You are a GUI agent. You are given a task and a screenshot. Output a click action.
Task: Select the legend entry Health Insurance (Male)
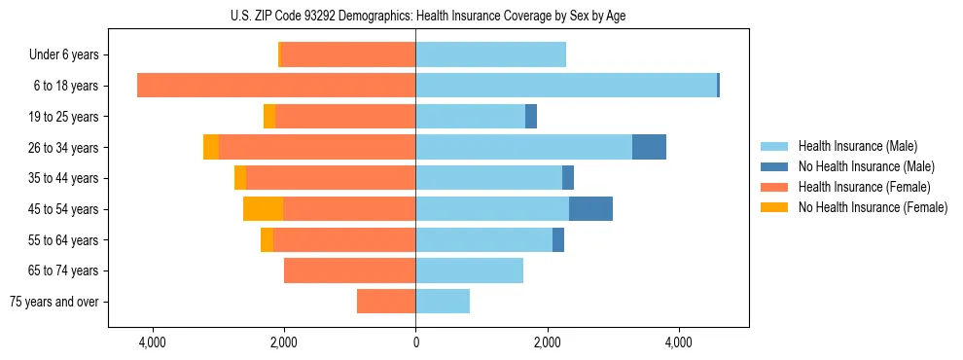[857, 146]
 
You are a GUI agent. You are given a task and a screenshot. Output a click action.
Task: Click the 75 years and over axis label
[53, 302]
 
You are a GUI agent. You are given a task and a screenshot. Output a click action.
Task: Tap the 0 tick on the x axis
[415, 342]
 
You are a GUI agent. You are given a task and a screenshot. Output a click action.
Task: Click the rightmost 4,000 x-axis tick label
[678, 342]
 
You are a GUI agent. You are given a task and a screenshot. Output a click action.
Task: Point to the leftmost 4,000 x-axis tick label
[153, 342]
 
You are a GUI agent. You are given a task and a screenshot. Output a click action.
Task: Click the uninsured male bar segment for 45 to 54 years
[590, 209]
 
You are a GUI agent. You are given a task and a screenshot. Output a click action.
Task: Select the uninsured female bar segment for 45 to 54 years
[263, 209]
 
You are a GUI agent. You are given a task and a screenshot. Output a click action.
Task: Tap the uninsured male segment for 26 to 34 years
[649, 147]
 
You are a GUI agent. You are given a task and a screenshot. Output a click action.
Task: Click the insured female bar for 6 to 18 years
[276, 86]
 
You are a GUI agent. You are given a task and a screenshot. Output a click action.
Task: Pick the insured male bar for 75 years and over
[443, 302]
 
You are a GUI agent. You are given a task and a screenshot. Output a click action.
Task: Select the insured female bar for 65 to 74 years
[349, 270]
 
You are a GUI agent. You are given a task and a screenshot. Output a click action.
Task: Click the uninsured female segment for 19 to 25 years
[269, 117]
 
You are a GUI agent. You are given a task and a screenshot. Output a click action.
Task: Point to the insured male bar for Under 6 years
[490, 55]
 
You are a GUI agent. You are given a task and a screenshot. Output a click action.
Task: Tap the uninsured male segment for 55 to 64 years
[558, 240]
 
